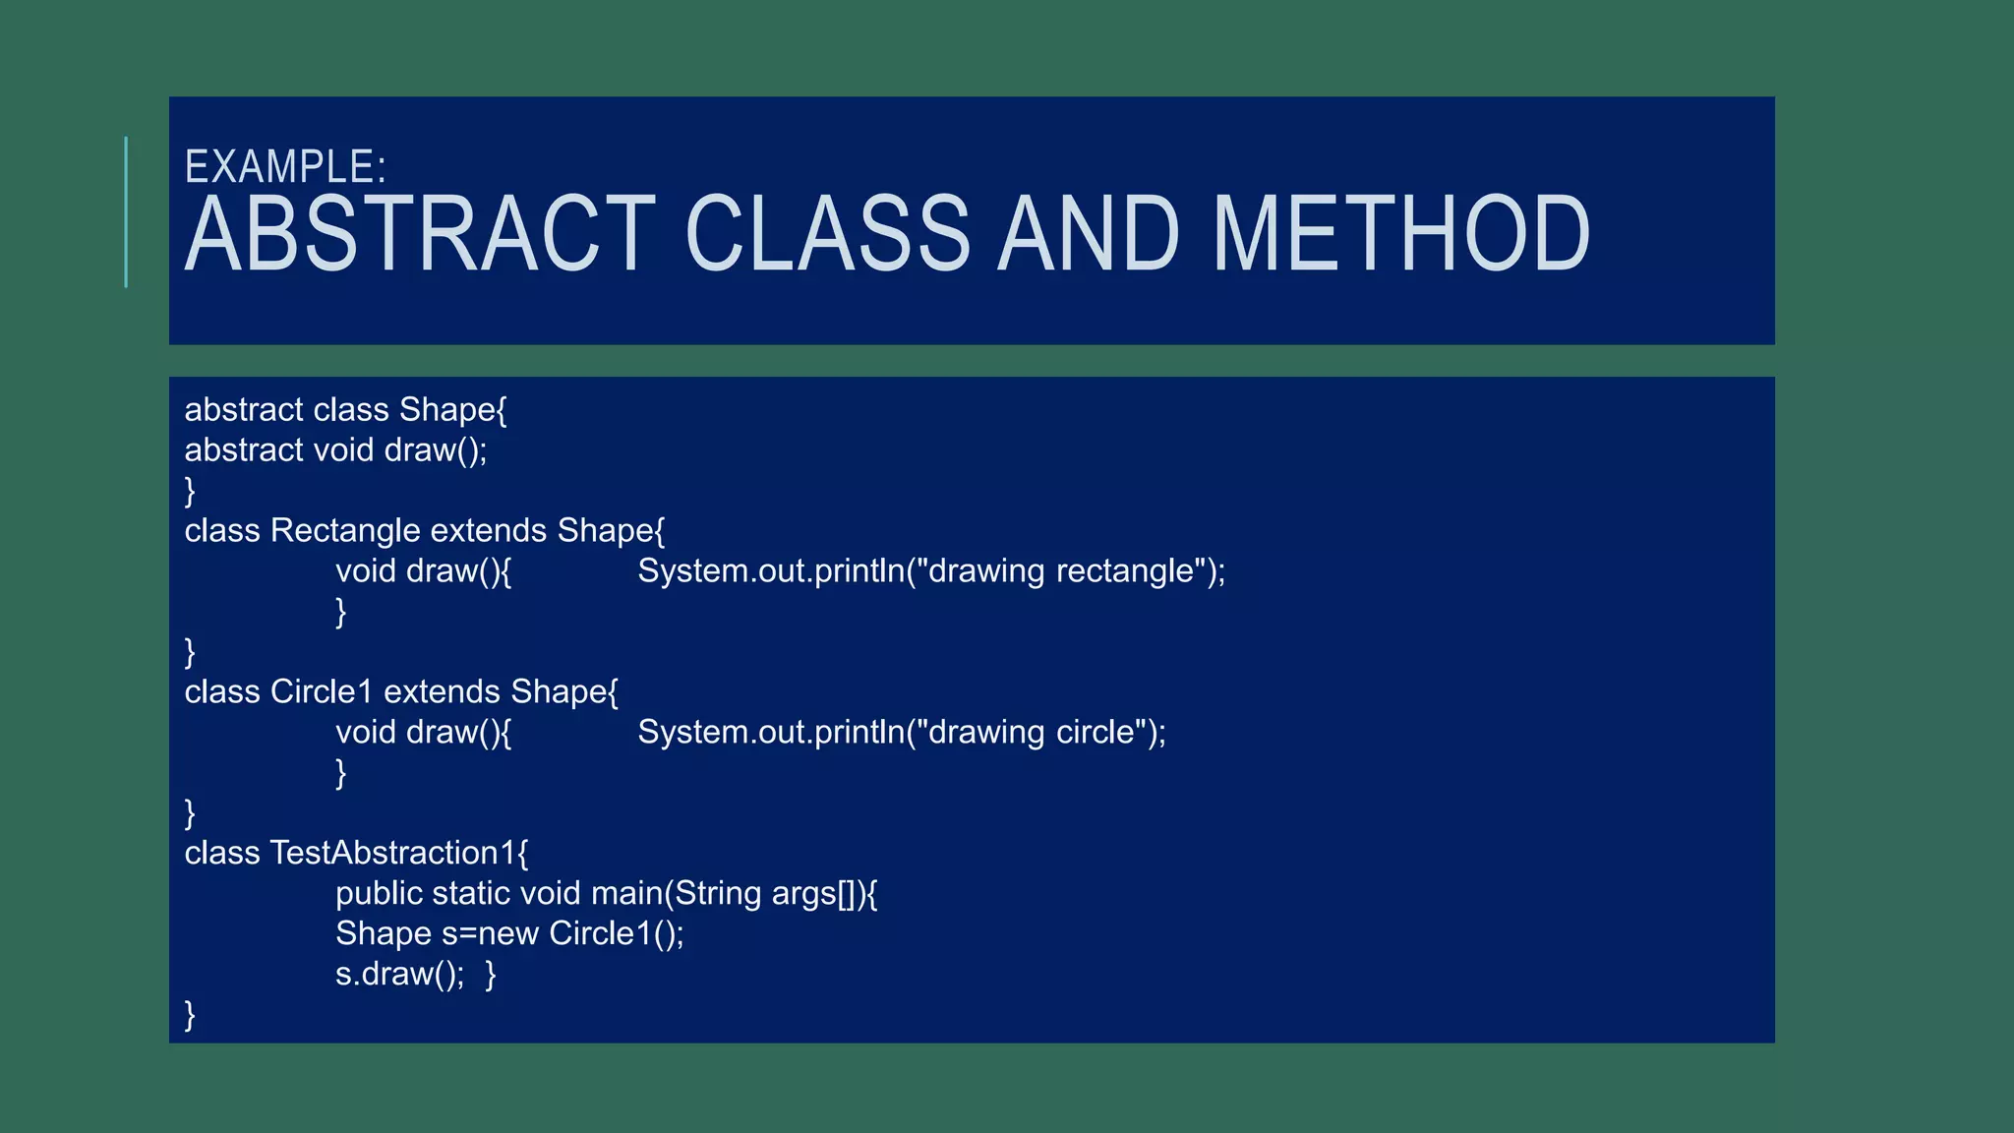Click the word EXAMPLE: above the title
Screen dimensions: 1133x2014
click(x=285, y=167)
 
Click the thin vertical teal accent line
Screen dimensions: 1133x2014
click(x=126, y=211)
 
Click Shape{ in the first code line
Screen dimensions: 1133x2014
click(x=452, y=410)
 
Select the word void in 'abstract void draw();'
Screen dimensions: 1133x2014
click(x=343, y=450)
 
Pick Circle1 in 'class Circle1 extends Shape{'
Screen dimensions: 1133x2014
click(x=322, y=692)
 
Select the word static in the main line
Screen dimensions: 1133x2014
click(x=471, y=894)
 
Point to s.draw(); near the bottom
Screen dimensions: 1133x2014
click(x=399, y=975)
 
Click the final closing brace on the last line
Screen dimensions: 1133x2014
click(x=190, y=1015)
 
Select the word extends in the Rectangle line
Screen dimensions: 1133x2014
click(x=489, y=531)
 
